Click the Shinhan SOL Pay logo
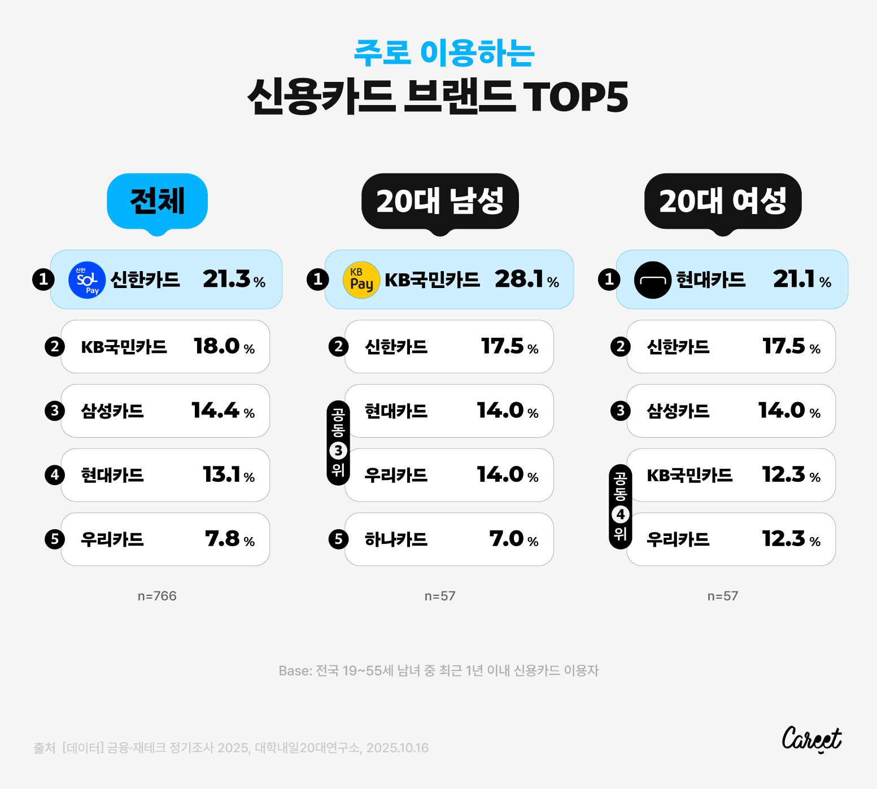[x=87, y=280]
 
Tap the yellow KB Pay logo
[x=361, y=280]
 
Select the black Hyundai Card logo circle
[x=653, y=280]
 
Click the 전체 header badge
[x=157, y=201]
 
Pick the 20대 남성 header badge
[x=440, y=201]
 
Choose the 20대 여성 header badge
[x=723, y=201]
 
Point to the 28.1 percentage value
[x=520, y=279]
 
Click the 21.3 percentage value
[x=227, y=279]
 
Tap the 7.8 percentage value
[x=223, y=539]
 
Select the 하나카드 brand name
[x=396, y=539]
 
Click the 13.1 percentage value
[x=222, y=474]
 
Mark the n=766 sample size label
[x=157, y=596]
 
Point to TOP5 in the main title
[x=575, y=97]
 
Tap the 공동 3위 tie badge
[x=338, y=443]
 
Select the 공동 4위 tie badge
[x=620, y=507]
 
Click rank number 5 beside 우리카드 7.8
[x=55, y=539]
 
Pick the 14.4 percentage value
[x=216, y=411]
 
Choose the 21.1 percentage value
[x=795, y=279]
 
